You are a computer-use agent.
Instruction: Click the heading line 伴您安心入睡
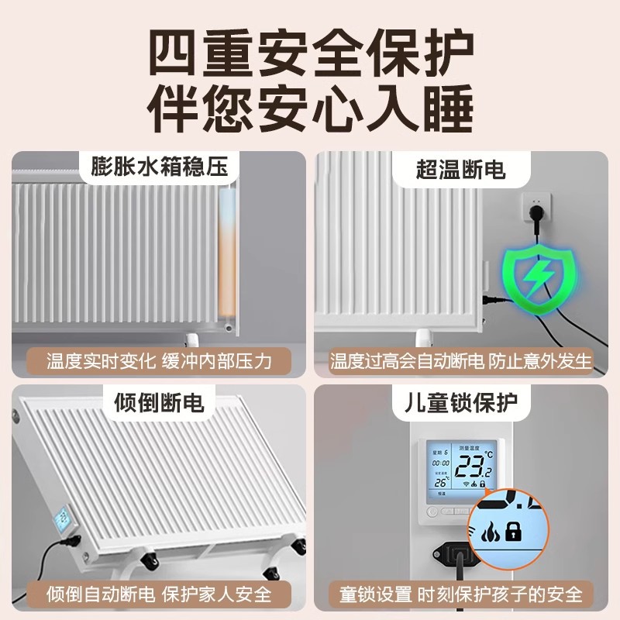tap(310, 111)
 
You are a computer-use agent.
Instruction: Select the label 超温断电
tap(461, 167)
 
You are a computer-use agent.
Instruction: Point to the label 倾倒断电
tap(158, 402)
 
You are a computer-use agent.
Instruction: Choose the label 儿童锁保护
tap(462, 402)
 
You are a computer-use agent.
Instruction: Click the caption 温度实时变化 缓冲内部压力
tap(158, 360)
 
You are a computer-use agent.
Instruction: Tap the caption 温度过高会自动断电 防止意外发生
tap(461, 360)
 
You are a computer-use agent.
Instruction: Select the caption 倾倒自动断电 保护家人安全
tap(158, 594)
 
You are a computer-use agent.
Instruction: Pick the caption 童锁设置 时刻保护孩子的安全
tap(461, 594)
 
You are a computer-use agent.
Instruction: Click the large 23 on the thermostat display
tap(469, 466)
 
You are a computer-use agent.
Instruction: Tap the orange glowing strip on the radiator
tap(227, 248)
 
